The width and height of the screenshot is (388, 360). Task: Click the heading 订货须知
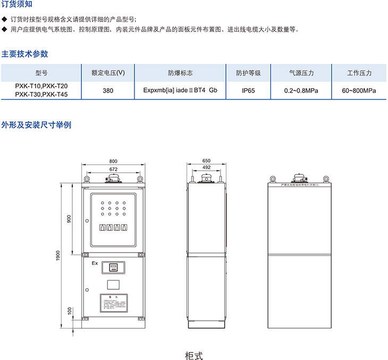[16, 5]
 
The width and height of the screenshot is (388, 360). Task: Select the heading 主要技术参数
[25, 54]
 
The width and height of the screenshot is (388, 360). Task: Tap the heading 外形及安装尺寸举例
[36, 125]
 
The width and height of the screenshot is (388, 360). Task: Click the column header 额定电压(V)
[108, 73]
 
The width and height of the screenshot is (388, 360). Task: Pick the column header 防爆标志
[180, 73]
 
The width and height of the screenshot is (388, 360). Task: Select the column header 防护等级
[248, 73]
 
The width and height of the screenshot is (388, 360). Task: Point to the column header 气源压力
[301, 73]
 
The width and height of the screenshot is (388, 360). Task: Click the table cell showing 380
[108, 90]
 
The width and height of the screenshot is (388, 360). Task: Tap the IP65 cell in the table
[248, 90]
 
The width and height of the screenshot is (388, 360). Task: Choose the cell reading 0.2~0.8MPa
[301, 90]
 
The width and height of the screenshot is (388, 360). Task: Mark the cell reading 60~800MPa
[359, 90]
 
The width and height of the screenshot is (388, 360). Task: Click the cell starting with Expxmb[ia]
[180, 90]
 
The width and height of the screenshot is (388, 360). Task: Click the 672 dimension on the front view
[113, 169]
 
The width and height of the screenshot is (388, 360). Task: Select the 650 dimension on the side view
[207, 161]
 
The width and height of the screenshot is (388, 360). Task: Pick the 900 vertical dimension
[69, 219]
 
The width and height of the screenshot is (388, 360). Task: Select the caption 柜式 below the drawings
[193, 355]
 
